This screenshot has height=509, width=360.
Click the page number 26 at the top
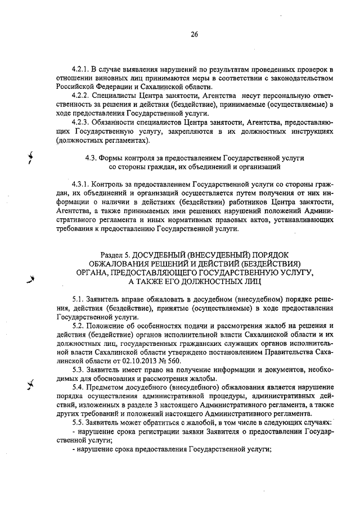point(194,34)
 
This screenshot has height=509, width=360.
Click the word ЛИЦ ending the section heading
point(251,281)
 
